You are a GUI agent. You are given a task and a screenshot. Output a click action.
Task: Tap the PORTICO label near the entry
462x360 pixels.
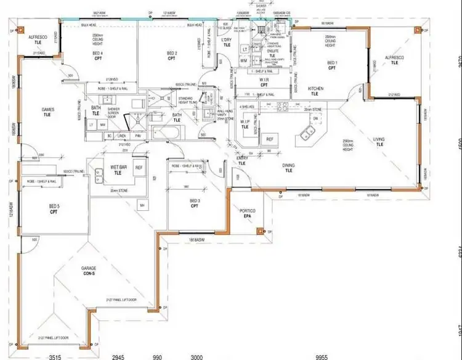(248, 213)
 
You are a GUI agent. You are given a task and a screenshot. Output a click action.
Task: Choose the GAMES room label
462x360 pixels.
(48, 112)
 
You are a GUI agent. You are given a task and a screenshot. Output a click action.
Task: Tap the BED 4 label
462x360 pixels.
(97, 57)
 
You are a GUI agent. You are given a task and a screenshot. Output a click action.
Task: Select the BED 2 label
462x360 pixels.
(172, 57)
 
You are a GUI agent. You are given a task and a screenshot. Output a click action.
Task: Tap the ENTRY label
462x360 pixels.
(241, 161)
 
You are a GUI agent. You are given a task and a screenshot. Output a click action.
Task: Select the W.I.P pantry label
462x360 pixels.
(245, 124)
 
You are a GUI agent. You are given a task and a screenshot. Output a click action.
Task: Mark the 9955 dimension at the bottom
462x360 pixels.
(320, 356)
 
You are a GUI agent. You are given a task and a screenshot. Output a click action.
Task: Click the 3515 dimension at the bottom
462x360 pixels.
(55, 356)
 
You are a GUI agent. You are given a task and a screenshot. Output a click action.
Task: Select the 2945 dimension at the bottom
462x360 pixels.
(118, 356)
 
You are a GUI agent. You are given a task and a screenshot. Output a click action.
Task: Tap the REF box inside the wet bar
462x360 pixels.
(139, 168)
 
